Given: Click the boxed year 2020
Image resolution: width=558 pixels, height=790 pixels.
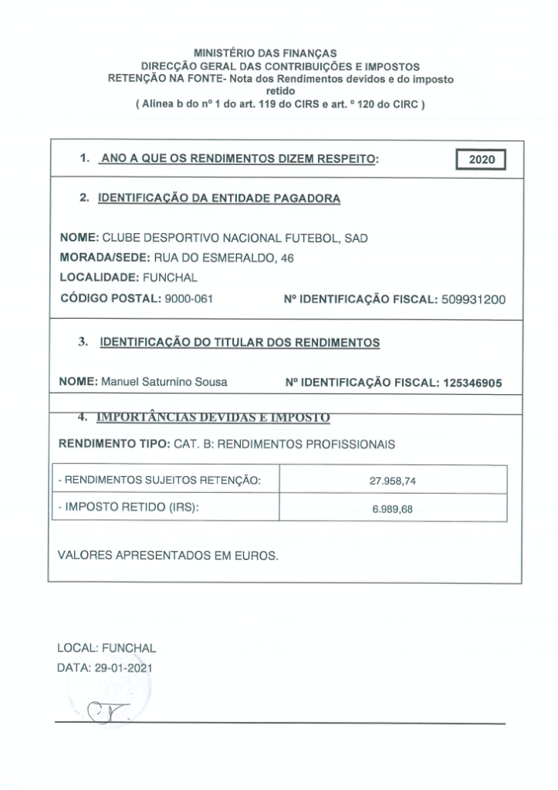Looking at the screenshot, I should pos(480,160).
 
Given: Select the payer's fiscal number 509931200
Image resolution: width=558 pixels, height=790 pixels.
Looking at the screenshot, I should pos(474,300).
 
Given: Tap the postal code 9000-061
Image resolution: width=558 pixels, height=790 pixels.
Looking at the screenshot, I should pos(188,300).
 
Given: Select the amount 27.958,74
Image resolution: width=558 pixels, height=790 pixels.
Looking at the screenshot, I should pos(393,481).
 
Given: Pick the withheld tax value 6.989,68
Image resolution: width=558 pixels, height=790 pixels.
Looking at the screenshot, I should pos(393,509).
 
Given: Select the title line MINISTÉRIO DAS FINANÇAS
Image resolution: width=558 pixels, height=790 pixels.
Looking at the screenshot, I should pos(265,54).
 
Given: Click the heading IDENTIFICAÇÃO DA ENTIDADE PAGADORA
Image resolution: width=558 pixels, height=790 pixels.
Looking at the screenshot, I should pos(219,198).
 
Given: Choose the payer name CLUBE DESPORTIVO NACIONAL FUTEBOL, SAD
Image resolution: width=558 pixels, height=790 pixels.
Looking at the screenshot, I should pos(235,238).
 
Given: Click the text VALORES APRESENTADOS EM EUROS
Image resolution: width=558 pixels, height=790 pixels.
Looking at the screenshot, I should pos(167,555).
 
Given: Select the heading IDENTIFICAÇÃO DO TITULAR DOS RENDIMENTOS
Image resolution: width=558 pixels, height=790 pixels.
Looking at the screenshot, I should pos(240,343).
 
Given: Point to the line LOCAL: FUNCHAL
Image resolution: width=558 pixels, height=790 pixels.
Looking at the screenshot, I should pos(107,649).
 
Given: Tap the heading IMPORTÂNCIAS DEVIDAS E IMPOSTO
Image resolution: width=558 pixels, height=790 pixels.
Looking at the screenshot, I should pos(213,418).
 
